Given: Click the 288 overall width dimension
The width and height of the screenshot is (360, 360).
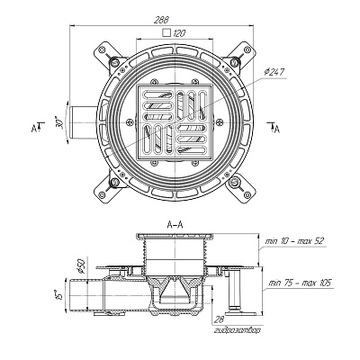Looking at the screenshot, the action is pos(162,20).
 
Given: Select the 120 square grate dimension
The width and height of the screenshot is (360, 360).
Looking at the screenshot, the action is pos(179,33).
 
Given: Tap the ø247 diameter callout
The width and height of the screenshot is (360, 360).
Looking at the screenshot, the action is pos(274,72).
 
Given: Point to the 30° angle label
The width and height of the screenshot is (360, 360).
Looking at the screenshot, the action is pos(61,122).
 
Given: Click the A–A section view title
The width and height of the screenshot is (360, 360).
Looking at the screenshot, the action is pos(175,225).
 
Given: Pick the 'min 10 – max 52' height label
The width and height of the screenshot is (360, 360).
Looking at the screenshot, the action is pos(295,241).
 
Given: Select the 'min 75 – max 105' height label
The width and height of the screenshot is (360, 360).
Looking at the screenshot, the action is pos(300,283).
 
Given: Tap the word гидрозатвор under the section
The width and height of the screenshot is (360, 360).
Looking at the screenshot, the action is pos(238,330).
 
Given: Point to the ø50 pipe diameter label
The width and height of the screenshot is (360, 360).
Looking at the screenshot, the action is pos(81,265).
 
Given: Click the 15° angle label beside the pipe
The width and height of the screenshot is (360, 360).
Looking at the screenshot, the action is pos(58,295).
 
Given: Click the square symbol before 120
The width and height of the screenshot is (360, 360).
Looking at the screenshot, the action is pos(166,32).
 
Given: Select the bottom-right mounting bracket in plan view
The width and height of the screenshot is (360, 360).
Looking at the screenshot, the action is pos(241,188).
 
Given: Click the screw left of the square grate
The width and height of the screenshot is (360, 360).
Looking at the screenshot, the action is pos(130,122).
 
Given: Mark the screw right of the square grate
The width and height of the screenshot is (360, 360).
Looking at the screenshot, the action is pos(220,122).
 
